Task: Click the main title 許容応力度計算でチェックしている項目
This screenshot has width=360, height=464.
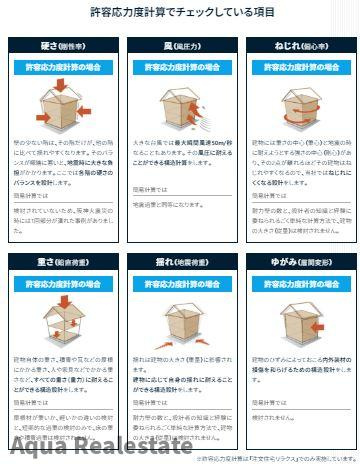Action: coord(180,14)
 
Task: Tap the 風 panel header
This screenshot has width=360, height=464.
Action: coord(180,46)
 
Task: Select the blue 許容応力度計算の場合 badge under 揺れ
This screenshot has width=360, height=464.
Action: coord(180,284)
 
